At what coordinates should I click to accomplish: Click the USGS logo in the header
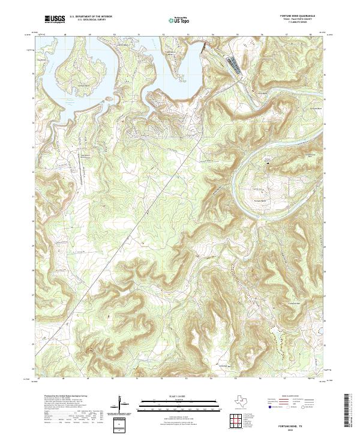55,19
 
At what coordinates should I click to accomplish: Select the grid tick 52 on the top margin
163,35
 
